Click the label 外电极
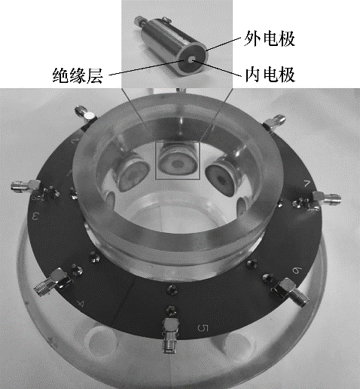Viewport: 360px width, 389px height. (x=270, y=39)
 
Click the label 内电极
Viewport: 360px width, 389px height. (x=270, y=75)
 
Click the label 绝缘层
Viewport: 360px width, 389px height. (x=78, y=75)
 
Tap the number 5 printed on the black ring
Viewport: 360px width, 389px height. (x=203, y=328)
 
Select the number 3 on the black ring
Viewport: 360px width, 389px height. (x=35, y=216)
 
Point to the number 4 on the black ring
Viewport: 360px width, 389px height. (x=81, y=304)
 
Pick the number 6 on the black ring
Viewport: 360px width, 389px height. (x=297, y=271)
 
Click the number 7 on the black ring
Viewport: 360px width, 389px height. (x=307, y=184)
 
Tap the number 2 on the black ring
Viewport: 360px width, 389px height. (x=75, y=141)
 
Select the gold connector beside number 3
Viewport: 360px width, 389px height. (x=25, y=187)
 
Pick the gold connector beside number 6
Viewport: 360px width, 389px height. (x=291, y=291)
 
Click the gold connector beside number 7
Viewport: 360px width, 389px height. (x=326, y=198)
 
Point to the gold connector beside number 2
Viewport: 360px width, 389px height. (x=85, y=114)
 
